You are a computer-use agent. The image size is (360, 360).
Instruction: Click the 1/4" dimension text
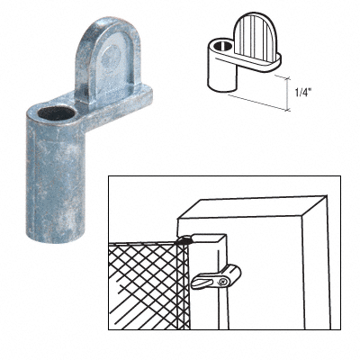click(309, 92)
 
